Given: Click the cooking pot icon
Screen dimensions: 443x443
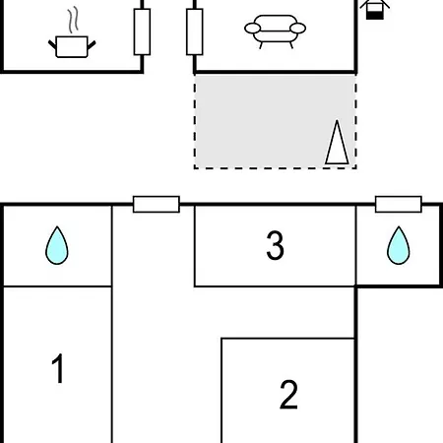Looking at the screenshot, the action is coord(72,46).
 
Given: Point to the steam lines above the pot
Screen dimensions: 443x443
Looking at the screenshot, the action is coord(74,20).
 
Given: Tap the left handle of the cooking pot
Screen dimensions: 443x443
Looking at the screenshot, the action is coord(52,44).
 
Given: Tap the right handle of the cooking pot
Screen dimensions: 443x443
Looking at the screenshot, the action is coord(92,45).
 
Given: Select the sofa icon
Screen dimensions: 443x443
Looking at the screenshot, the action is coord(276,32).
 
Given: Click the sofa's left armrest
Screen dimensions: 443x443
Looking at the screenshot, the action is coord(253,29).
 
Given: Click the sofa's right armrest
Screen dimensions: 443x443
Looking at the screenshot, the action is coord(298,29).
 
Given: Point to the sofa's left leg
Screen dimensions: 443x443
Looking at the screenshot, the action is coord(261,45).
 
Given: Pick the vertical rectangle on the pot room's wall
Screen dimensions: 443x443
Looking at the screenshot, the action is coord(142,32).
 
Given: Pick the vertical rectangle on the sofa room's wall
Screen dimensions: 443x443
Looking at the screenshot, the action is coord(195,32).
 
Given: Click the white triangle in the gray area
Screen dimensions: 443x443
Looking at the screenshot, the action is coord(337,142).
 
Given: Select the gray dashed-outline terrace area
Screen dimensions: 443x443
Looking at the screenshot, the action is coord(275,122).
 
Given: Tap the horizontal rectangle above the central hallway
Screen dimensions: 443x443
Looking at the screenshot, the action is coord(157,205).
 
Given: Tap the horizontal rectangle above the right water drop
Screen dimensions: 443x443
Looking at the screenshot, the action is coord(399,205).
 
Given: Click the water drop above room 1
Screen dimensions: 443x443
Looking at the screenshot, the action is coord(57,245).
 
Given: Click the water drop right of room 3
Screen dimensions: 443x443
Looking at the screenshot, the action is coord(399,245).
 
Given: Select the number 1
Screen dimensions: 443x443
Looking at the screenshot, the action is coord(58,368).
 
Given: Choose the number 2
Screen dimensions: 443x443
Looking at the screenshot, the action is coord(288,394).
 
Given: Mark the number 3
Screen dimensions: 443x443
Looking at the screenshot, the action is coord(275,245).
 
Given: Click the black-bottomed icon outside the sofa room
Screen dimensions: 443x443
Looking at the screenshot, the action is coord(375,10).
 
